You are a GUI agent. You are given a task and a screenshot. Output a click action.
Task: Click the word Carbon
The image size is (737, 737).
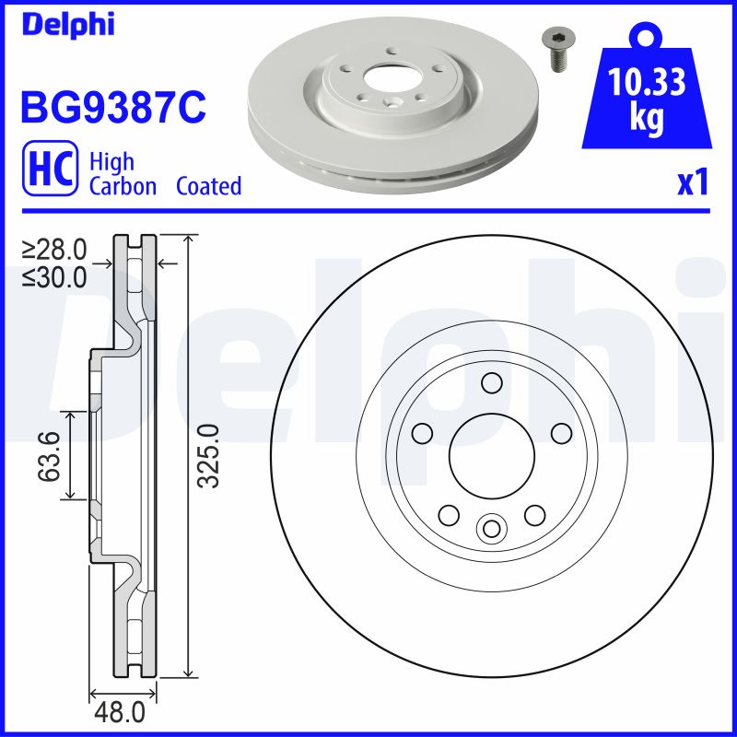[x=123, y=186]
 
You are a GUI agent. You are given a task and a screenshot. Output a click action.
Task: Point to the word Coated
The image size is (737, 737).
[x=208, y=186]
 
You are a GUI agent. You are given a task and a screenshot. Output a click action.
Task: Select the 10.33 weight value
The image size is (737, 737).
[x=648, y=84]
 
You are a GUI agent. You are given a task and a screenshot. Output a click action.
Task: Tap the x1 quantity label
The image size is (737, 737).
[x=692, y=184]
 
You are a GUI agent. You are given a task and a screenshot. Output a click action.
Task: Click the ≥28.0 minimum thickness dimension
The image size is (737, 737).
[x=54, y=249]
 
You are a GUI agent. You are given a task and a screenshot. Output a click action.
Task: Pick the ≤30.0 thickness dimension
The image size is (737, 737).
[x=54, y=275]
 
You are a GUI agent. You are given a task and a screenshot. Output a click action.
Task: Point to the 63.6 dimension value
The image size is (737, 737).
[x=48, y=456]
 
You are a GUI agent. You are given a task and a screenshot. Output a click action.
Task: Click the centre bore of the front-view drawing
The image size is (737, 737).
[x=490, y=455]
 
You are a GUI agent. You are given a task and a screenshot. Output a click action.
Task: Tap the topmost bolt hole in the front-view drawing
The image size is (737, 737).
[x=490, y=382]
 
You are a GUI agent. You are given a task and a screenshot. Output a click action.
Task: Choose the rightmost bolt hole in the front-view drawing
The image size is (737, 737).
[x=559, y=432]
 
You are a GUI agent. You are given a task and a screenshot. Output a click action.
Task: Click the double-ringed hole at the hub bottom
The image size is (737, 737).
[x=490, y=527]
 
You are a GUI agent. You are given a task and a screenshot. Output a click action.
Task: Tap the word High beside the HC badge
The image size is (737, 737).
[x=111, y=162]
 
